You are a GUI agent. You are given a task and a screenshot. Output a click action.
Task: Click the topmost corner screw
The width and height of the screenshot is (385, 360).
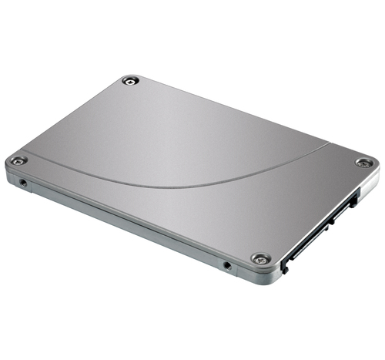[131, 79]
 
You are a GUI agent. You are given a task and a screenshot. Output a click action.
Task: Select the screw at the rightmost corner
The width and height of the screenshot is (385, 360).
[364, 163]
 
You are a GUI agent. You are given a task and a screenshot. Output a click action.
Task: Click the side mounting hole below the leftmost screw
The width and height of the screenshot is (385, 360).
[24, 183]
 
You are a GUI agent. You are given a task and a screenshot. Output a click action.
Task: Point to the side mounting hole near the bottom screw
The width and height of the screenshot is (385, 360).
[226, 266]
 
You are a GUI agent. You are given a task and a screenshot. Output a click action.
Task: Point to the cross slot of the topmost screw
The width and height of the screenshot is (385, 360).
[131, 79]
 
